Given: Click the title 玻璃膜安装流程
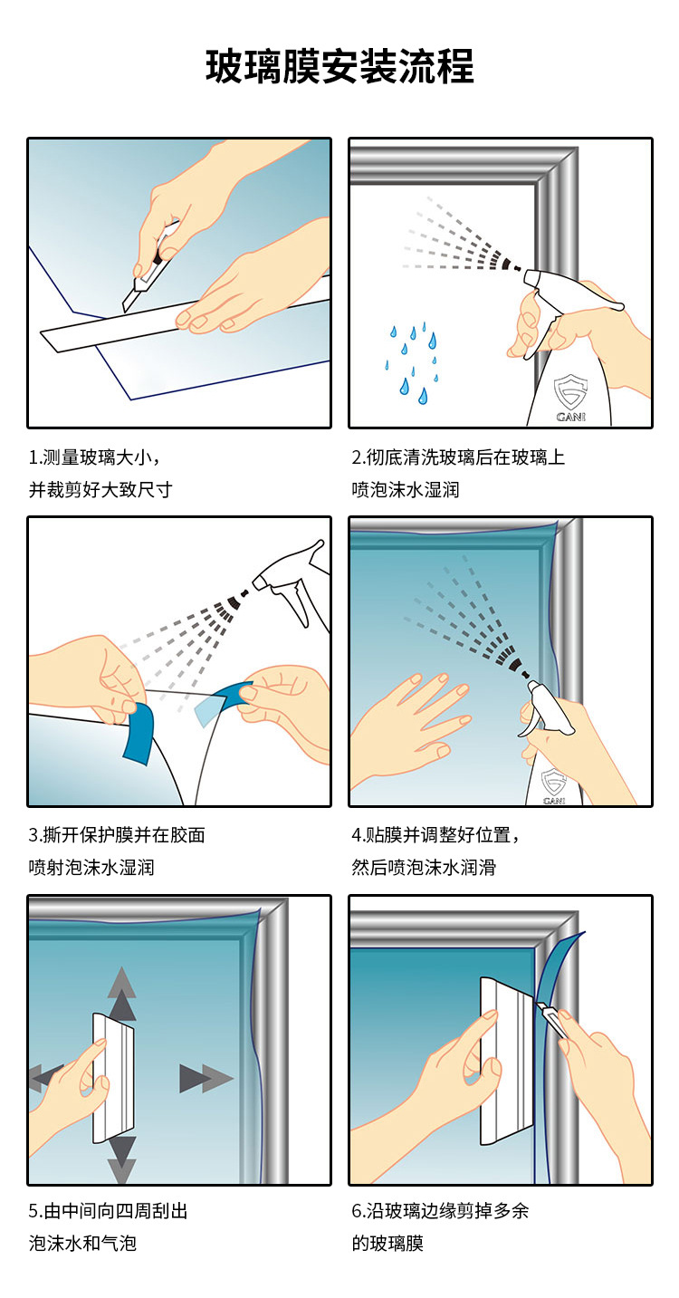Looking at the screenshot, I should (339, 67).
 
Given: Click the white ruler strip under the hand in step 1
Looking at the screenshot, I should (136, 331).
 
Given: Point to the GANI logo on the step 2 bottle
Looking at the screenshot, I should (569, 398).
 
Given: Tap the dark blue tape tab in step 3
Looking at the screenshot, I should (141, 728).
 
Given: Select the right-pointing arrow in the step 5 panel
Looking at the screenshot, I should (205, 1078).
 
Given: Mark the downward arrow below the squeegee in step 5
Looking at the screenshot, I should (122, 1159).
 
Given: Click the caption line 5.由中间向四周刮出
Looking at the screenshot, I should (109, 1211).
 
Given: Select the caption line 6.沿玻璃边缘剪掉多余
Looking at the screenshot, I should (440, 1211).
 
